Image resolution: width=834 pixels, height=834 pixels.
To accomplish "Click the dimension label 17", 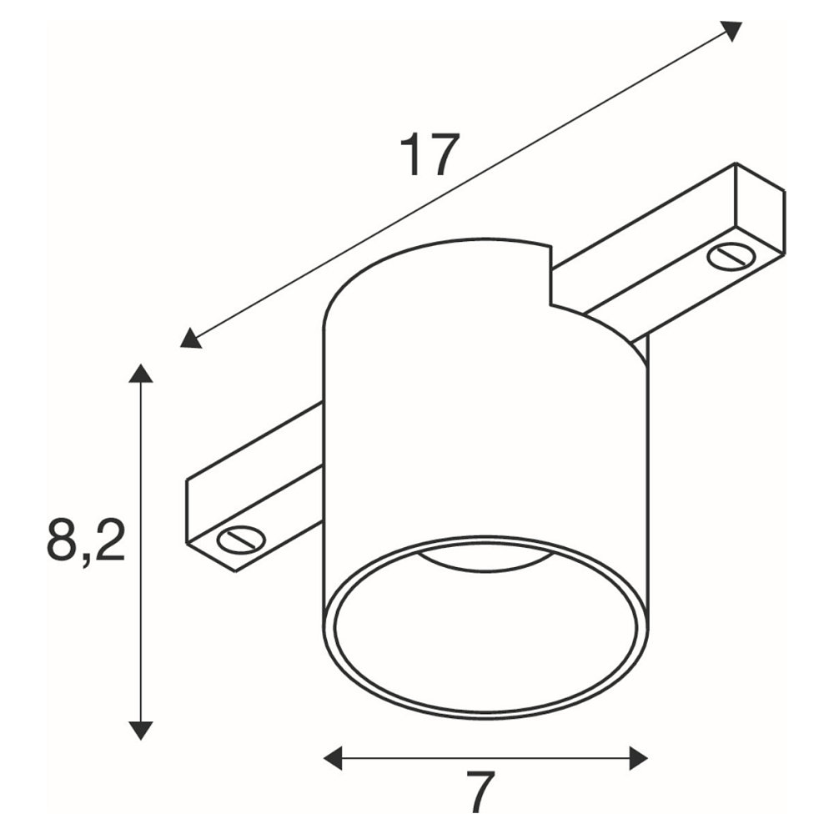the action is tap(429, 154).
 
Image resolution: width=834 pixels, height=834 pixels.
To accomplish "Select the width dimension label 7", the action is tap(482, 792).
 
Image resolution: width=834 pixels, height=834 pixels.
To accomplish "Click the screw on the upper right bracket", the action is tap(731, 257).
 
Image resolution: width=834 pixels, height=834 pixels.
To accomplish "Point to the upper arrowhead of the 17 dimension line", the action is tap(730, 30).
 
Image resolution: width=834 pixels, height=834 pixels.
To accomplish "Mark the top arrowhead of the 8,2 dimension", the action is tap(141, 374).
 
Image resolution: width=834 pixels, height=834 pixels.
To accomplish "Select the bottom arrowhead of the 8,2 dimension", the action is tap(141, 731).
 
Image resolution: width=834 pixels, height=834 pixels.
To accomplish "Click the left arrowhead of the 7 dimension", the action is tap(333, 757).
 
